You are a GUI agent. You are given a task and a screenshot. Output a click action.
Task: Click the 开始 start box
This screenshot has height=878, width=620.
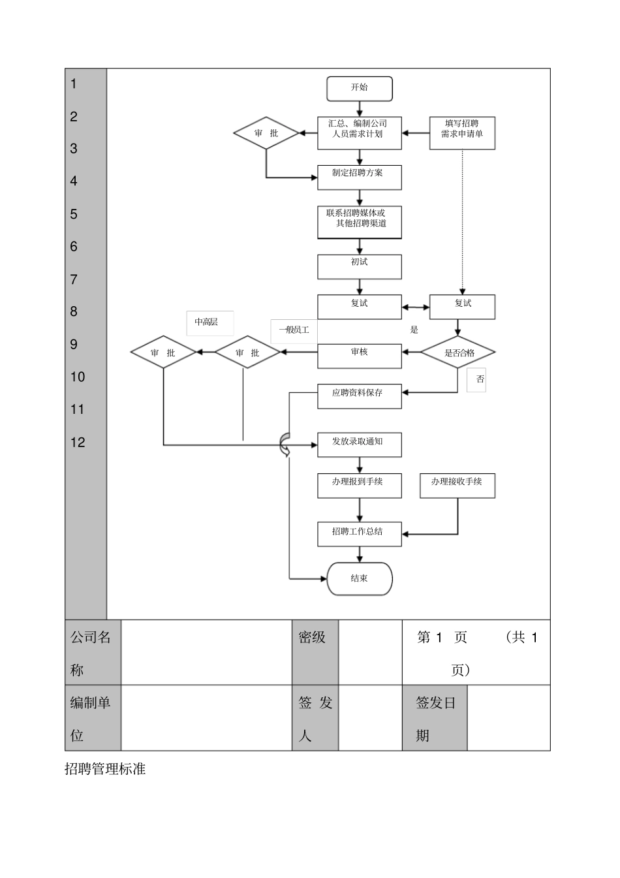coord(360,89)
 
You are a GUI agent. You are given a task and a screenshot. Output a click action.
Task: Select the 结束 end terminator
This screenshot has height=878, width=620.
coord(360,578)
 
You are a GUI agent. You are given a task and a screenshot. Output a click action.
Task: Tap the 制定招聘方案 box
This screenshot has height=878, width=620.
coord(360,177)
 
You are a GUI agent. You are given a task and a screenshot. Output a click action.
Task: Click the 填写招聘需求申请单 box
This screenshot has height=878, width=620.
coord(462,133)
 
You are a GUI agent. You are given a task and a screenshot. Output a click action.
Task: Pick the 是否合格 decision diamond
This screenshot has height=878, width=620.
coord(457,353)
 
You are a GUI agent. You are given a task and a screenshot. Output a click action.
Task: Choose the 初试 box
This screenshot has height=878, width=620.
coord(360,266)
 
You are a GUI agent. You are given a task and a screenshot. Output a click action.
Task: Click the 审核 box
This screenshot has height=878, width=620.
coord(360,355)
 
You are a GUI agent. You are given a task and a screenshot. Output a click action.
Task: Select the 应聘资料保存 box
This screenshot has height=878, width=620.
coord(360,396)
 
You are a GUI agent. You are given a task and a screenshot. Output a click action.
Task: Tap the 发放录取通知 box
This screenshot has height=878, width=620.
coord(360,445)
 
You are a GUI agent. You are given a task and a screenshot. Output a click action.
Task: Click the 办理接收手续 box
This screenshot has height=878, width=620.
coord(457,486)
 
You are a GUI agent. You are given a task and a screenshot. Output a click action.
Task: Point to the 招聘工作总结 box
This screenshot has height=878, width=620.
coord(360,533)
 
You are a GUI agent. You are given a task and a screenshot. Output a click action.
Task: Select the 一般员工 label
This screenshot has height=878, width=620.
coord(294,330)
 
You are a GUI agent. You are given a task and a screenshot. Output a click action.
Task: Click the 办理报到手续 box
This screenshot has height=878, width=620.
coord(360,486)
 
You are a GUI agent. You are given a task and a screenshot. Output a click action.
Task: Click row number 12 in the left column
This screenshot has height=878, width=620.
coord(78,443)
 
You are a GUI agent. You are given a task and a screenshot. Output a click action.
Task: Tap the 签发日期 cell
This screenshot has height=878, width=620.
coord(435,718)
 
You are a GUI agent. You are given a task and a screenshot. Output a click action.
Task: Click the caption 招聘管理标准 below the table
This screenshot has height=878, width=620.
coord(105,769)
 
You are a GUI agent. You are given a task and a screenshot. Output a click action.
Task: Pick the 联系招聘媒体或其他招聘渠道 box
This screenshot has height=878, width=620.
coord(360,222)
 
